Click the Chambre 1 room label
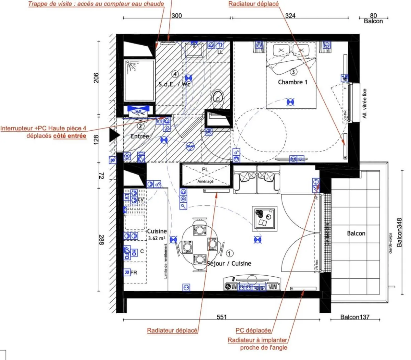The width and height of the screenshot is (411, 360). point(292,82)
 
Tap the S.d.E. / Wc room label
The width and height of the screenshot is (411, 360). point(174,84)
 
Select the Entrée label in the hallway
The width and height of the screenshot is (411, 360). point(140,136)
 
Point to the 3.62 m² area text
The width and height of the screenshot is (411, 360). point(157,238)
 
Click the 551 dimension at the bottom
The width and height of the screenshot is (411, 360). point(222,317)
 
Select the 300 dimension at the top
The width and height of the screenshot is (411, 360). point(177,16)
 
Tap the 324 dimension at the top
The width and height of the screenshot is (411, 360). point(290,16)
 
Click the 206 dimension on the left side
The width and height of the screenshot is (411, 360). point(96,78)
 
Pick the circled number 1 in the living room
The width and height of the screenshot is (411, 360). point(230,253)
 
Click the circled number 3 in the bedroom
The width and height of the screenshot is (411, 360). point(293,72)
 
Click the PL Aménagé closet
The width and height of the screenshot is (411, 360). point(206,175)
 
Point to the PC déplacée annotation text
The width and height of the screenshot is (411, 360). point(253,331)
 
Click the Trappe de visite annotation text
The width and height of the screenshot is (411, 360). point(96,4)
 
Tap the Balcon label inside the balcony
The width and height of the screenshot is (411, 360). point(356,233)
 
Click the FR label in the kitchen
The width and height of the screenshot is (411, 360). point(134,273)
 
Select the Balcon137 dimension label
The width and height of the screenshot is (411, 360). point(355,317)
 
